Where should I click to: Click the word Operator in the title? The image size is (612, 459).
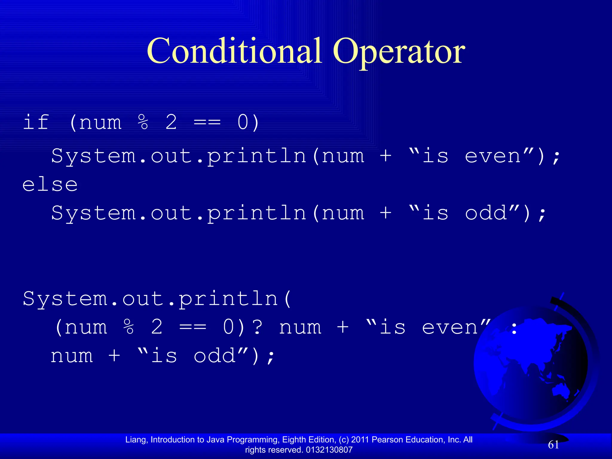(399, 51)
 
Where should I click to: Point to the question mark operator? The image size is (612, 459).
(257, 327)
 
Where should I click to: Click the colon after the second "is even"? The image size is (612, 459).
(514, 329)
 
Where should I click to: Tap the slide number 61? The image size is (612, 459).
(553, 445)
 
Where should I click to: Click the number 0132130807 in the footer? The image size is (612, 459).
(329, 450)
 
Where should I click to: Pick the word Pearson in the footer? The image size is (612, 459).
(388, 440)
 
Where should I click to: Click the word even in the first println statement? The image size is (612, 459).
(493, 156)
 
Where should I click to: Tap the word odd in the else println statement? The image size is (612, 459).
(486, 213)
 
